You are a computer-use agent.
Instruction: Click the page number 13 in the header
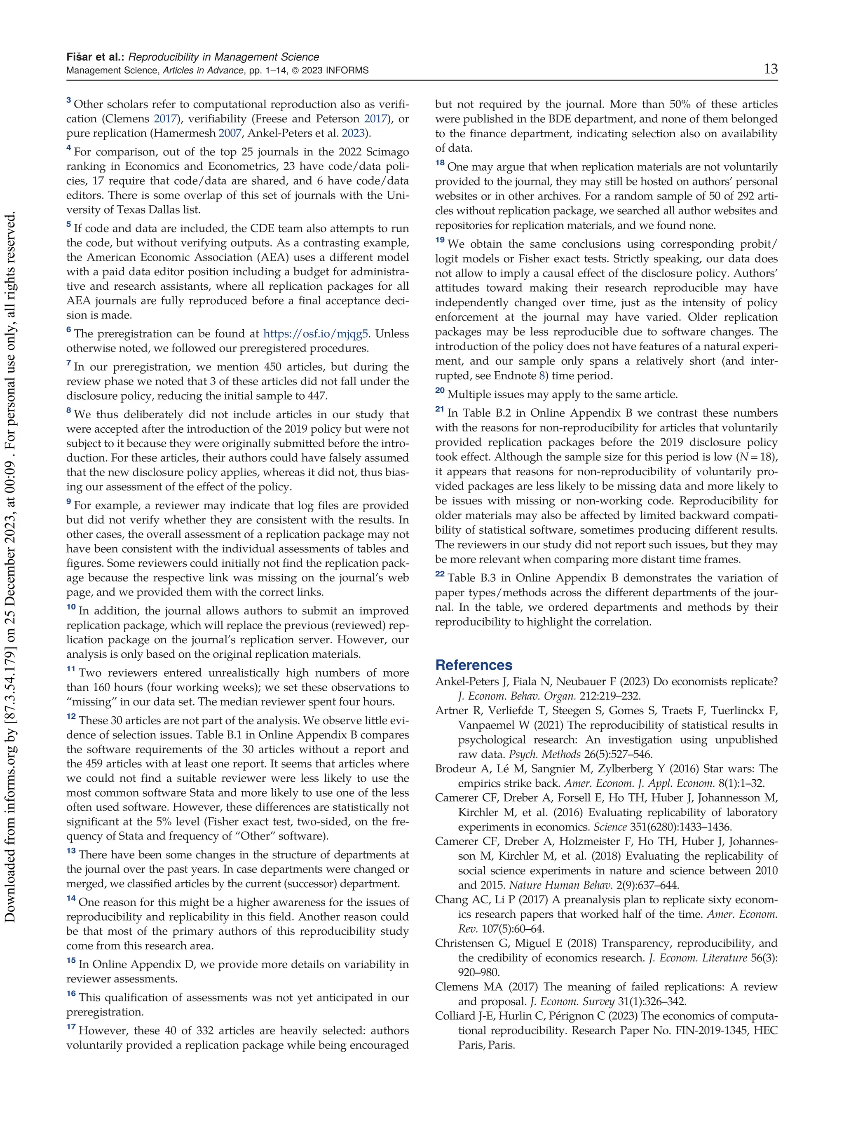[770, 69]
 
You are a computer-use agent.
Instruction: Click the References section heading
[473, 665]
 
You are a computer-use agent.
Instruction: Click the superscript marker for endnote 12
[70, 717]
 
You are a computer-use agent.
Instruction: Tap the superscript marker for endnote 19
[439, 240]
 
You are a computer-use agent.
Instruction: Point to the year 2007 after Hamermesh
[230, 134]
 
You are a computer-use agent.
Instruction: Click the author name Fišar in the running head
[81, 57]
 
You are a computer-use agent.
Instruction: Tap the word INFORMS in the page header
[347, 70]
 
